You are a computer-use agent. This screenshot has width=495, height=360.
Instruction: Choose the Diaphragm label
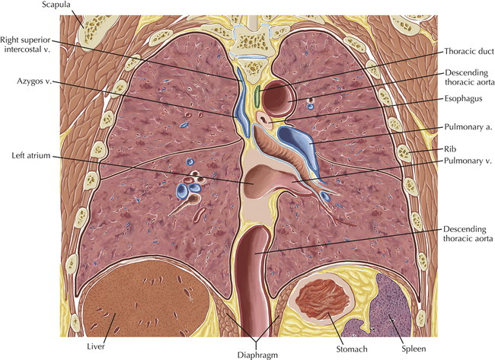click(258, 354)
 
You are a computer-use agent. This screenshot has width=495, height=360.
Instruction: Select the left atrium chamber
click(256, 183)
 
